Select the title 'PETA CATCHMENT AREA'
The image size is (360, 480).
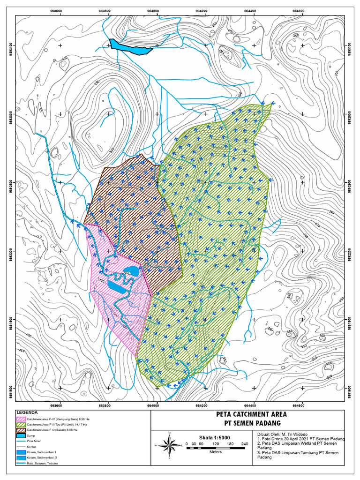coord(251,414)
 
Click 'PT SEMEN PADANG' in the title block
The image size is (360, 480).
coord(251,423)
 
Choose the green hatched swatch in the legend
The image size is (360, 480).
coord(21,424)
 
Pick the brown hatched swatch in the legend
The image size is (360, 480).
coord(21,429)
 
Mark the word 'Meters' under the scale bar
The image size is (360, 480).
coord(216,452)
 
